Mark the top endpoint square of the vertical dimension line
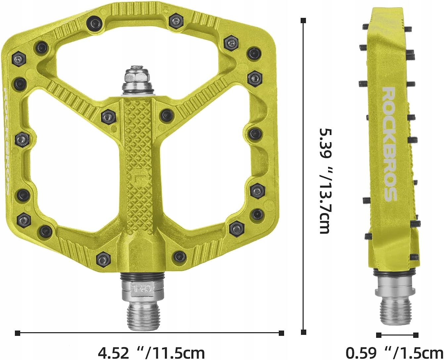point(303,21)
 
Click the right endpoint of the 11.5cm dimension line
point(282,333)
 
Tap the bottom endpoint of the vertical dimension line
point(303,332)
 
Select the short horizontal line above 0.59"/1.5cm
point(397,335)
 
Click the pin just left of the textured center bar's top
point(108,116)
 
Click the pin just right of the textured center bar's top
point(165,115)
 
